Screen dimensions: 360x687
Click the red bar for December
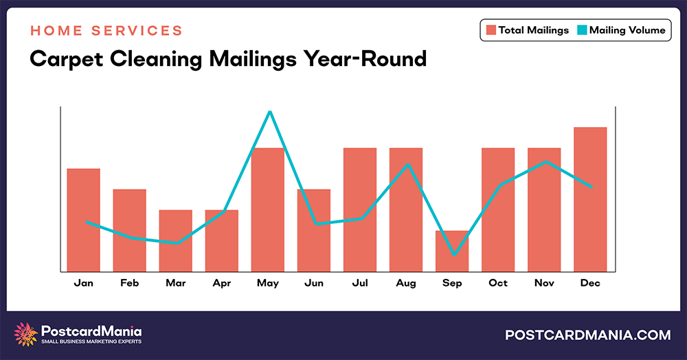tap(590, 199)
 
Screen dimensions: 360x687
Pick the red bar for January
tap(83, 220)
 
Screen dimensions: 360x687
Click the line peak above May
tap(270, 111)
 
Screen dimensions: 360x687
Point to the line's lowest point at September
tap(453, 255)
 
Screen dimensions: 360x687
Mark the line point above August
tap(408, 165)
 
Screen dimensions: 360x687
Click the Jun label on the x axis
tap(313, 283)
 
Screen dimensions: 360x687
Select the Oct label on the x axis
tap(498, 283)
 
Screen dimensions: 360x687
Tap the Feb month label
tap(129, 283)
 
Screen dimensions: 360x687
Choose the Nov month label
tap(544, 283)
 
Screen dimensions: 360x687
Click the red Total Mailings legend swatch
tap(491, 30)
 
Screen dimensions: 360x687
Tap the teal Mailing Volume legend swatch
tap(582, 30)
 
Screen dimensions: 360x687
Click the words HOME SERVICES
tap(106, 31)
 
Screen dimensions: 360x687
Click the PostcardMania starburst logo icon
tap(26, 334)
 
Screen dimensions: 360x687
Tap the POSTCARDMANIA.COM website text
tap(587, 335)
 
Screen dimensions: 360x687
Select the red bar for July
tap(360, 210)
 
